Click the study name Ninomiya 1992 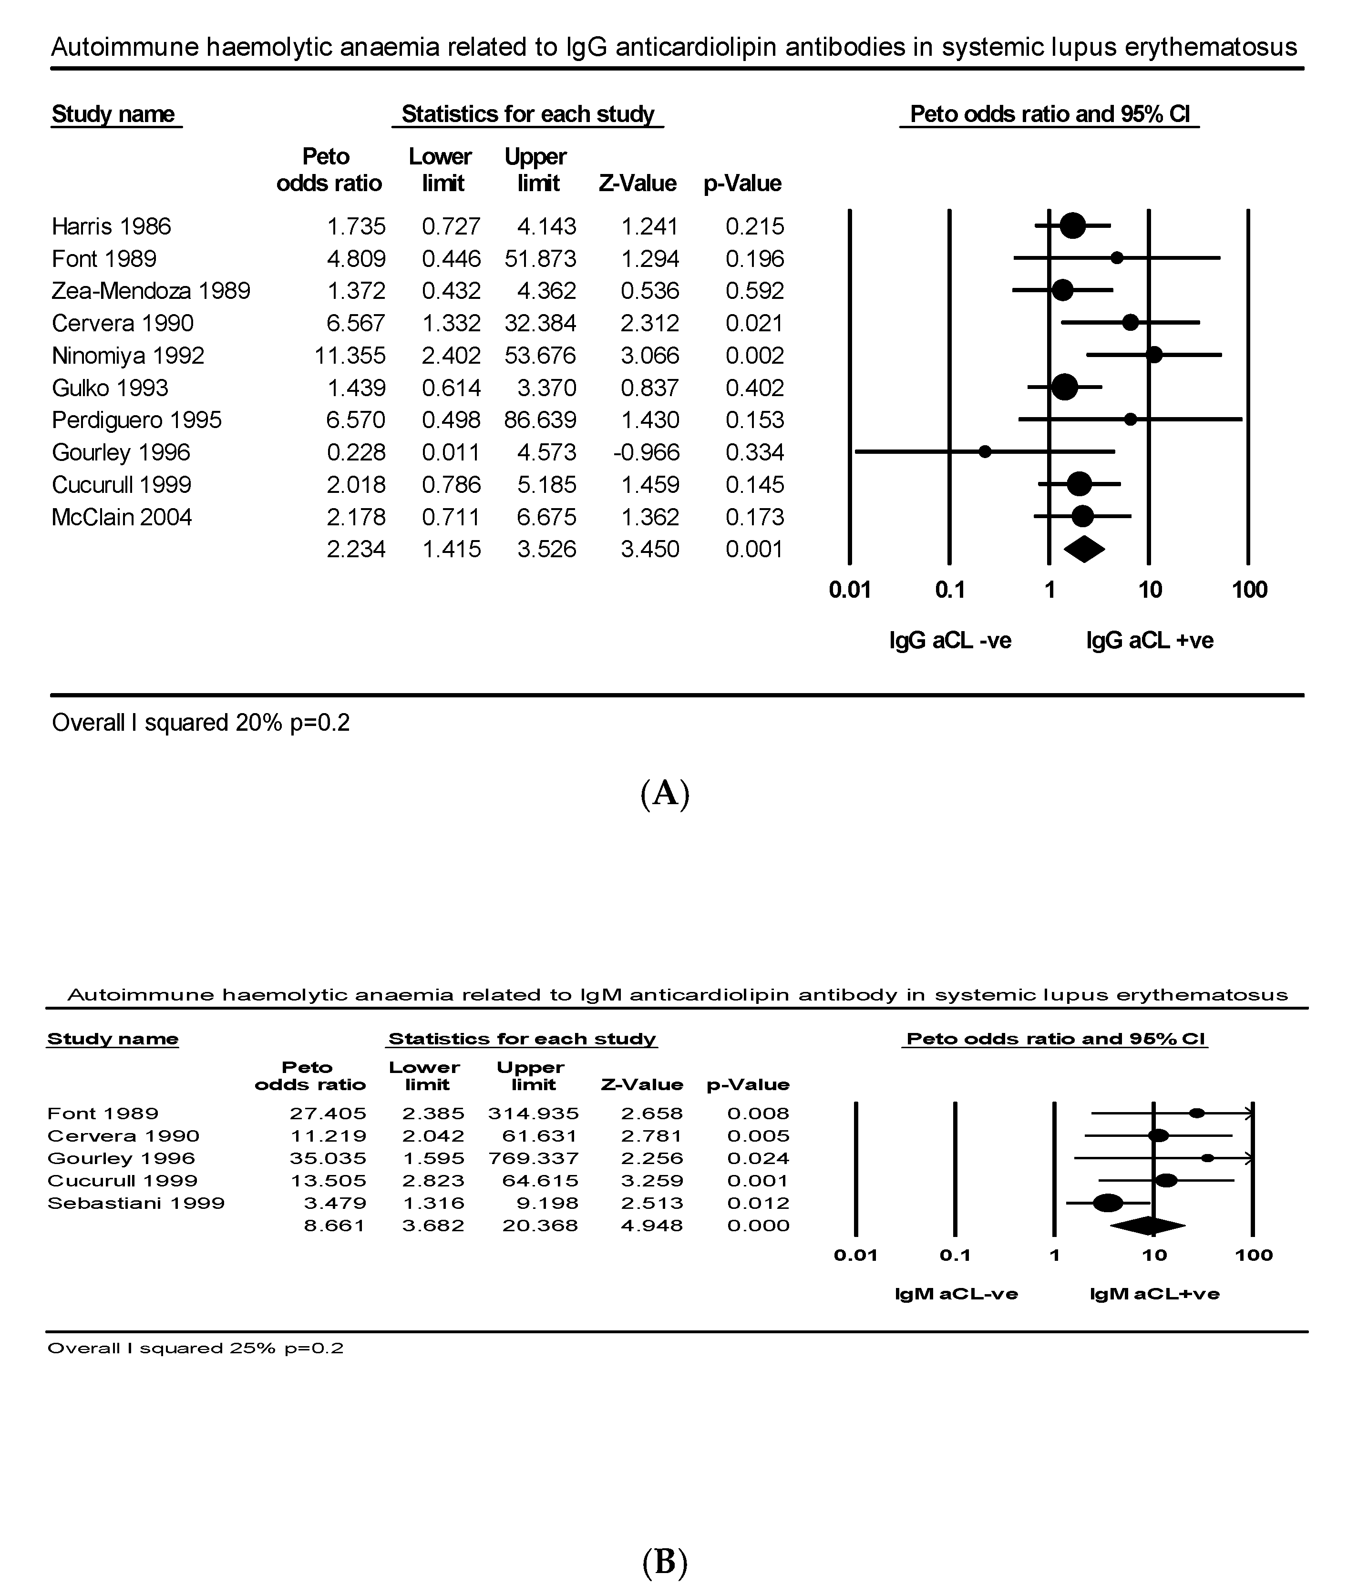pyautogui.click(x=128, y=356)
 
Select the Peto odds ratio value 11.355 pyautogui.click(x=350, y=356)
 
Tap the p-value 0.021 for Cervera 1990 pyautogui.click(x=754, y=323)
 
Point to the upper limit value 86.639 pyautogui.click(x=540, y=420)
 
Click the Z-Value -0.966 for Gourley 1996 pyautogui.click(x=646, y=452)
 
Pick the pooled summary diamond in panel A pyautogui.click(x=1084, y=549)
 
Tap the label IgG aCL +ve pyautogui.click(x=1150, y=640)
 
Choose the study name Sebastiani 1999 pyautogui.click(x=135, y=1203)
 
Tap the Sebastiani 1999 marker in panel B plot pyautogui.click(x=1108, y=1203)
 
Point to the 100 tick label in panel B pyautogui.click(x=1254, y=1256)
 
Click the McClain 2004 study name pyautogui.click(x=122, y=517)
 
